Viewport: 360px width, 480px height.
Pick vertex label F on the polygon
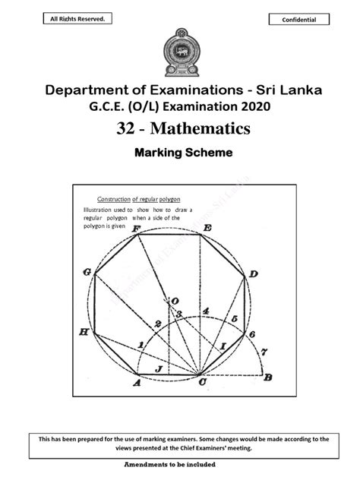point(136,227)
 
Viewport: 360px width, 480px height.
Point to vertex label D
point(254,273)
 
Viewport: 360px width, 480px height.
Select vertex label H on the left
point(84,332)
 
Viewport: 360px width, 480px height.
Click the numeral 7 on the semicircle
point(264,352)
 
